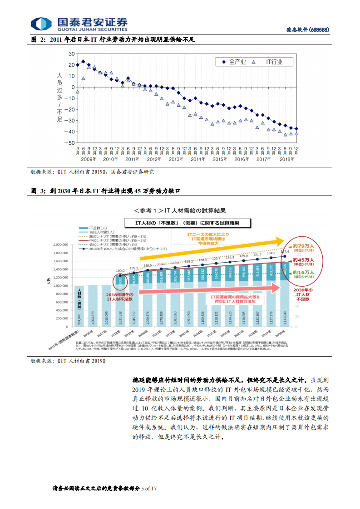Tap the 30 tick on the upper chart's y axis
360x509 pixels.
[71, 54]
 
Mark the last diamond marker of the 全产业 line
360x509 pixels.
[296, 129]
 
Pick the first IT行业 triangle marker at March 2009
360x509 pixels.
[78, 92]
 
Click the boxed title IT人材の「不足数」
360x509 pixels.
[187, 223]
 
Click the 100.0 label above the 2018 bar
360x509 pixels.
[120, 271]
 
